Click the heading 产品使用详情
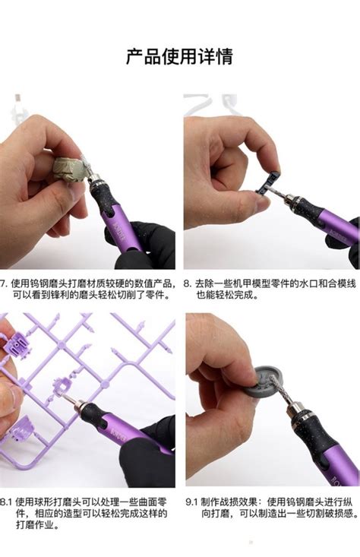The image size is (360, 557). coord(179,56)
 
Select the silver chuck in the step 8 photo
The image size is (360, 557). coord(285,196)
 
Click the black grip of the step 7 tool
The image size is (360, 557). coord(106,200)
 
